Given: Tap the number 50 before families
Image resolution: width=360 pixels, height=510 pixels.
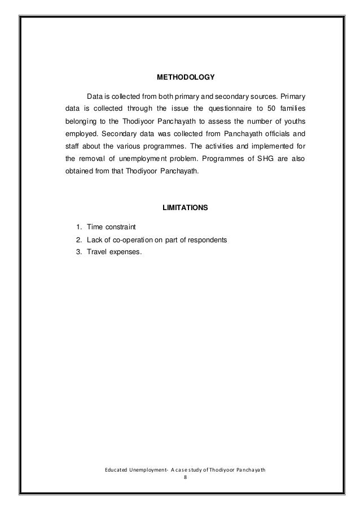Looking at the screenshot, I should [270, 107].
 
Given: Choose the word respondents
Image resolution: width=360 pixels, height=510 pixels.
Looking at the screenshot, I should [206, 239].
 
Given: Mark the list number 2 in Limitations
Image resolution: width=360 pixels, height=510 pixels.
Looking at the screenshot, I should [77, 239].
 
